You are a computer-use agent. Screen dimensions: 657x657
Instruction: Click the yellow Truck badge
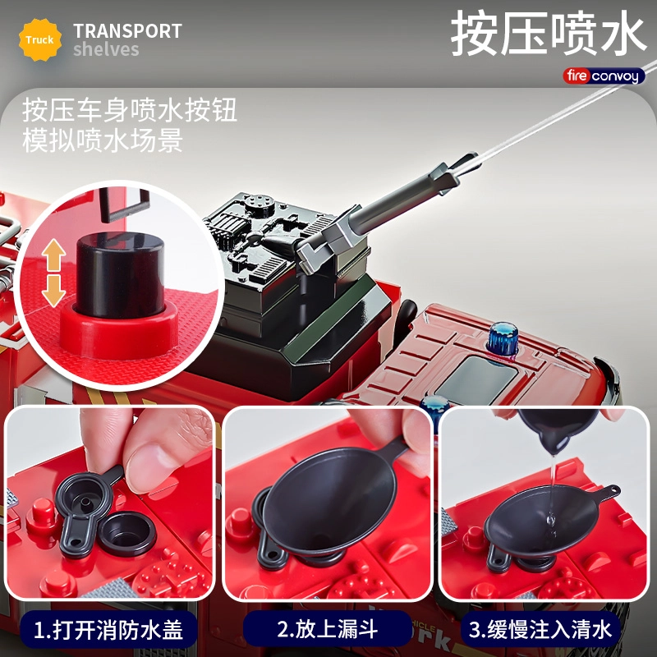[39, 39]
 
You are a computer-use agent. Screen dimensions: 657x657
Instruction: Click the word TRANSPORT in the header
[127, 31]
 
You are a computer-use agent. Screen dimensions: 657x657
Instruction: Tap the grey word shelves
[106, 49]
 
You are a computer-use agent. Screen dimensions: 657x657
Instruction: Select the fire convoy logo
[604, 76]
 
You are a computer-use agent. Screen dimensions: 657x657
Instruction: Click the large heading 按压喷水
[548, 34]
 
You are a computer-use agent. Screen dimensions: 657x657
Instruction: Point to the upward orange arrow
[53, 255]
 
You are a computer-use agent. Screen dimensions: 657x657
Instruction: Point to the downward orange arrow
[53, 291]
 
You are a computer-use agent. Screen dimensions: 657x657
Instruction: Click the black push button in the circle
[120, 274]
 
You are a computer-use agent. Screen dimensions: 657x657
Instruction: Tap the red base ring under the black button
[119, 331]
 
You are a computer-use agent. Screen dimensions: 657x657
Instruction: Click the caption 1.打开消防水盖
[108, 629]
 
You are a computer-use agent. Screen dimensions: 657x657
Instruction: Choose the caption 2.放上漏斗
[327, 629]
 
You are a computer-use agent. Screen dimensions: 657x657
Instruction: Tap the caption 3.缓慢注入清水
[540, 629]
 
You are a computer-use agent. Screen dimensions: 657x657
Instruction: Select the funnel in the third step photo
[544, 521]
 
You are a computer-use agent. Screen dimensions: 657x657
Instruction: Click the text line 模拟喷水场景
[103, 140]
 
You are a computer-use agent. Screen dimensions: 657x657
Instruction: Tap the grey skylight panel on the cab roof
[478, 380]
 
